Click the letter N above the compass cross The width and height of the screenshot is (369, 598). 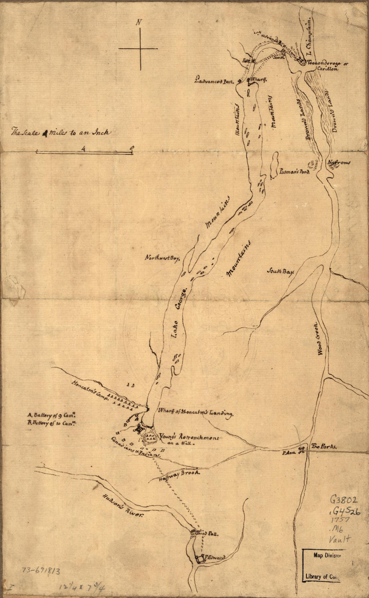tap(138, 23)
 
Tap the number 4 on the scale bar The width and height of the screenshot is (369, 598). tap(83, 150)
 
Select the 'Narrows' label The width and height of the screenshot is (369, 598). tap(339, 163)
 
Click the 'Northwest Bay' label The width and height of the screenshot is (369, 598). tap(163, 258)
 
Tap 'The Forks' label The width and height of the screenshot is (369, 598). tap(324, 447)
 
